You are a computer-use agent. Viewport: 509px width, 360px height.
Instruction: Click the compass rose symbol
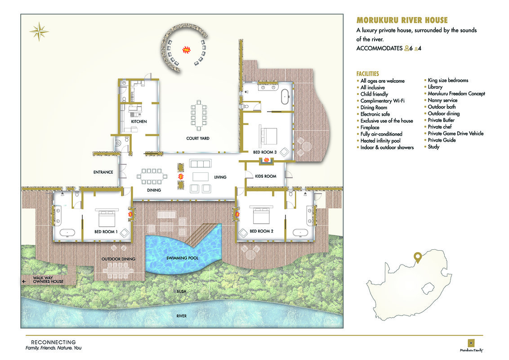tap(39, 31)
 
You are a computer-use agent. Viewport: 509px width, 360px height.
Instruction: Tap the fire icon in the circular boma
tap(186, 49)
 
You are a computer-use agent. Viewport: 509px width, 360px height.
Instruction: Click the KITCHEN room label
tap(139, 121)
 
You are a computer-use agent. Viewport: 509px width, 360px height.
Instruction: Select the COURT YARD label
tap(198, 139)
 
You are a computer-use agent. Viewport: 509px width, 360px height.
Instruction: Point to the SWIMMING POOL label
tap(182, 258)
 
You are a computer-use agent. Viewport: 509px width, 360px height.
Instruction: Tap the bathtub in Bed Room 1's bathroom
tap(67, 233)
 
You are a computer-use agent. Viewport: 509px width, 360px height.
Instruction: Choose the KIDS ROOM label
tap(266, 176)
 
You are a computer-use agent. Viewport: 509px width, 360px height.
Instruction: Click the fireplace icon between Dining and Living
tap(181, 176)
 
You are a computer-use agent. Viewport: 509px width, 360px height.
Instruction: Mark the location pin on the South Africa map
tap(418, 258)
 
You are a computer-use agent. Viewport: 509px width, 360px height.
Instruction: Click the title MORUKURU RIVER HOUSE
tap(402, 20)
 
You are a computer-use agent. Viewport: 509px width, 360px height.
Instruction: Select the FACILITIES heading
tap(367, 74)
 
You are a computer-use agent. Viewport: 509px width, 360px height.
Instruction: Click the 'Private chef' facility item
tap(440, 127)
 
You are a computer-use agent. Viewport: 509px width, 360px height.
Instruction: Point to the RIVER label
tap(182, 316)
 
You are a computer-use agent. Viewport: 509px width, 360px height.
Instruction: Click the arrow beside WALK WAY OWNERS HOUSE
tap(24, 281)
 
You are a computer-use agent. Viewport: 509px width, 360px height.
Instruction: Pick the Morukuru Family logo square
tap(471, 343)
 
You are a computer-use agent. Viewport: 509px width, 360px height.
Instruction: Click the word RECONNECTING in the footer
tap(53, 342)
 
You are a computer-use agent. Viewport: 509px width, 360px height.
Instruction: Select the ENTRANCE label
tap(103, 172)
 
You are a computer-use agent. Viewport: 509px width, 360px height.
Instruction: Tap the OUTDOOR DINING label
tap(119, 259)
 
